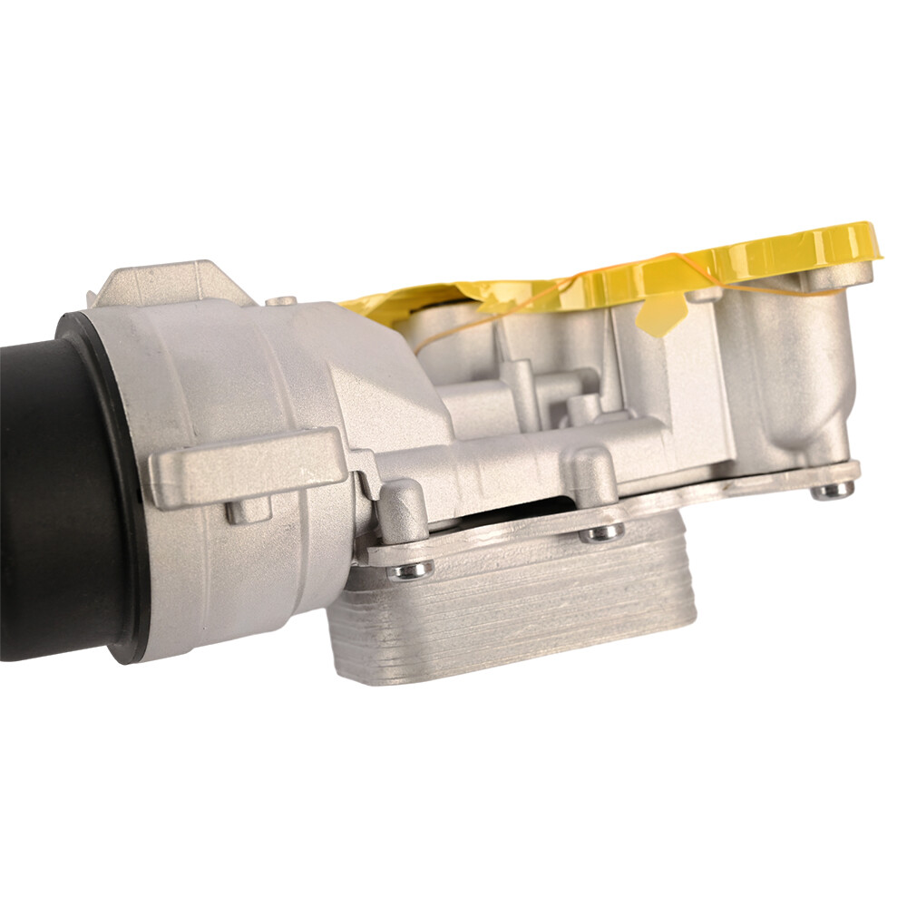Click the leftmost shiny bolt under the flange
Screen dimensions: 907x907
(410, 570)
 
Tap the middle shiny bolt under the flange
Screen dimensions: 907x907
(601, 532)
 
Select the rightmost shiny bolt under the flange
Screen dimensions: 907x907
(831, 491)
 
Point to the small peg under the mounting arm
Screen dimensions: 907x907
(248, 511)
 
